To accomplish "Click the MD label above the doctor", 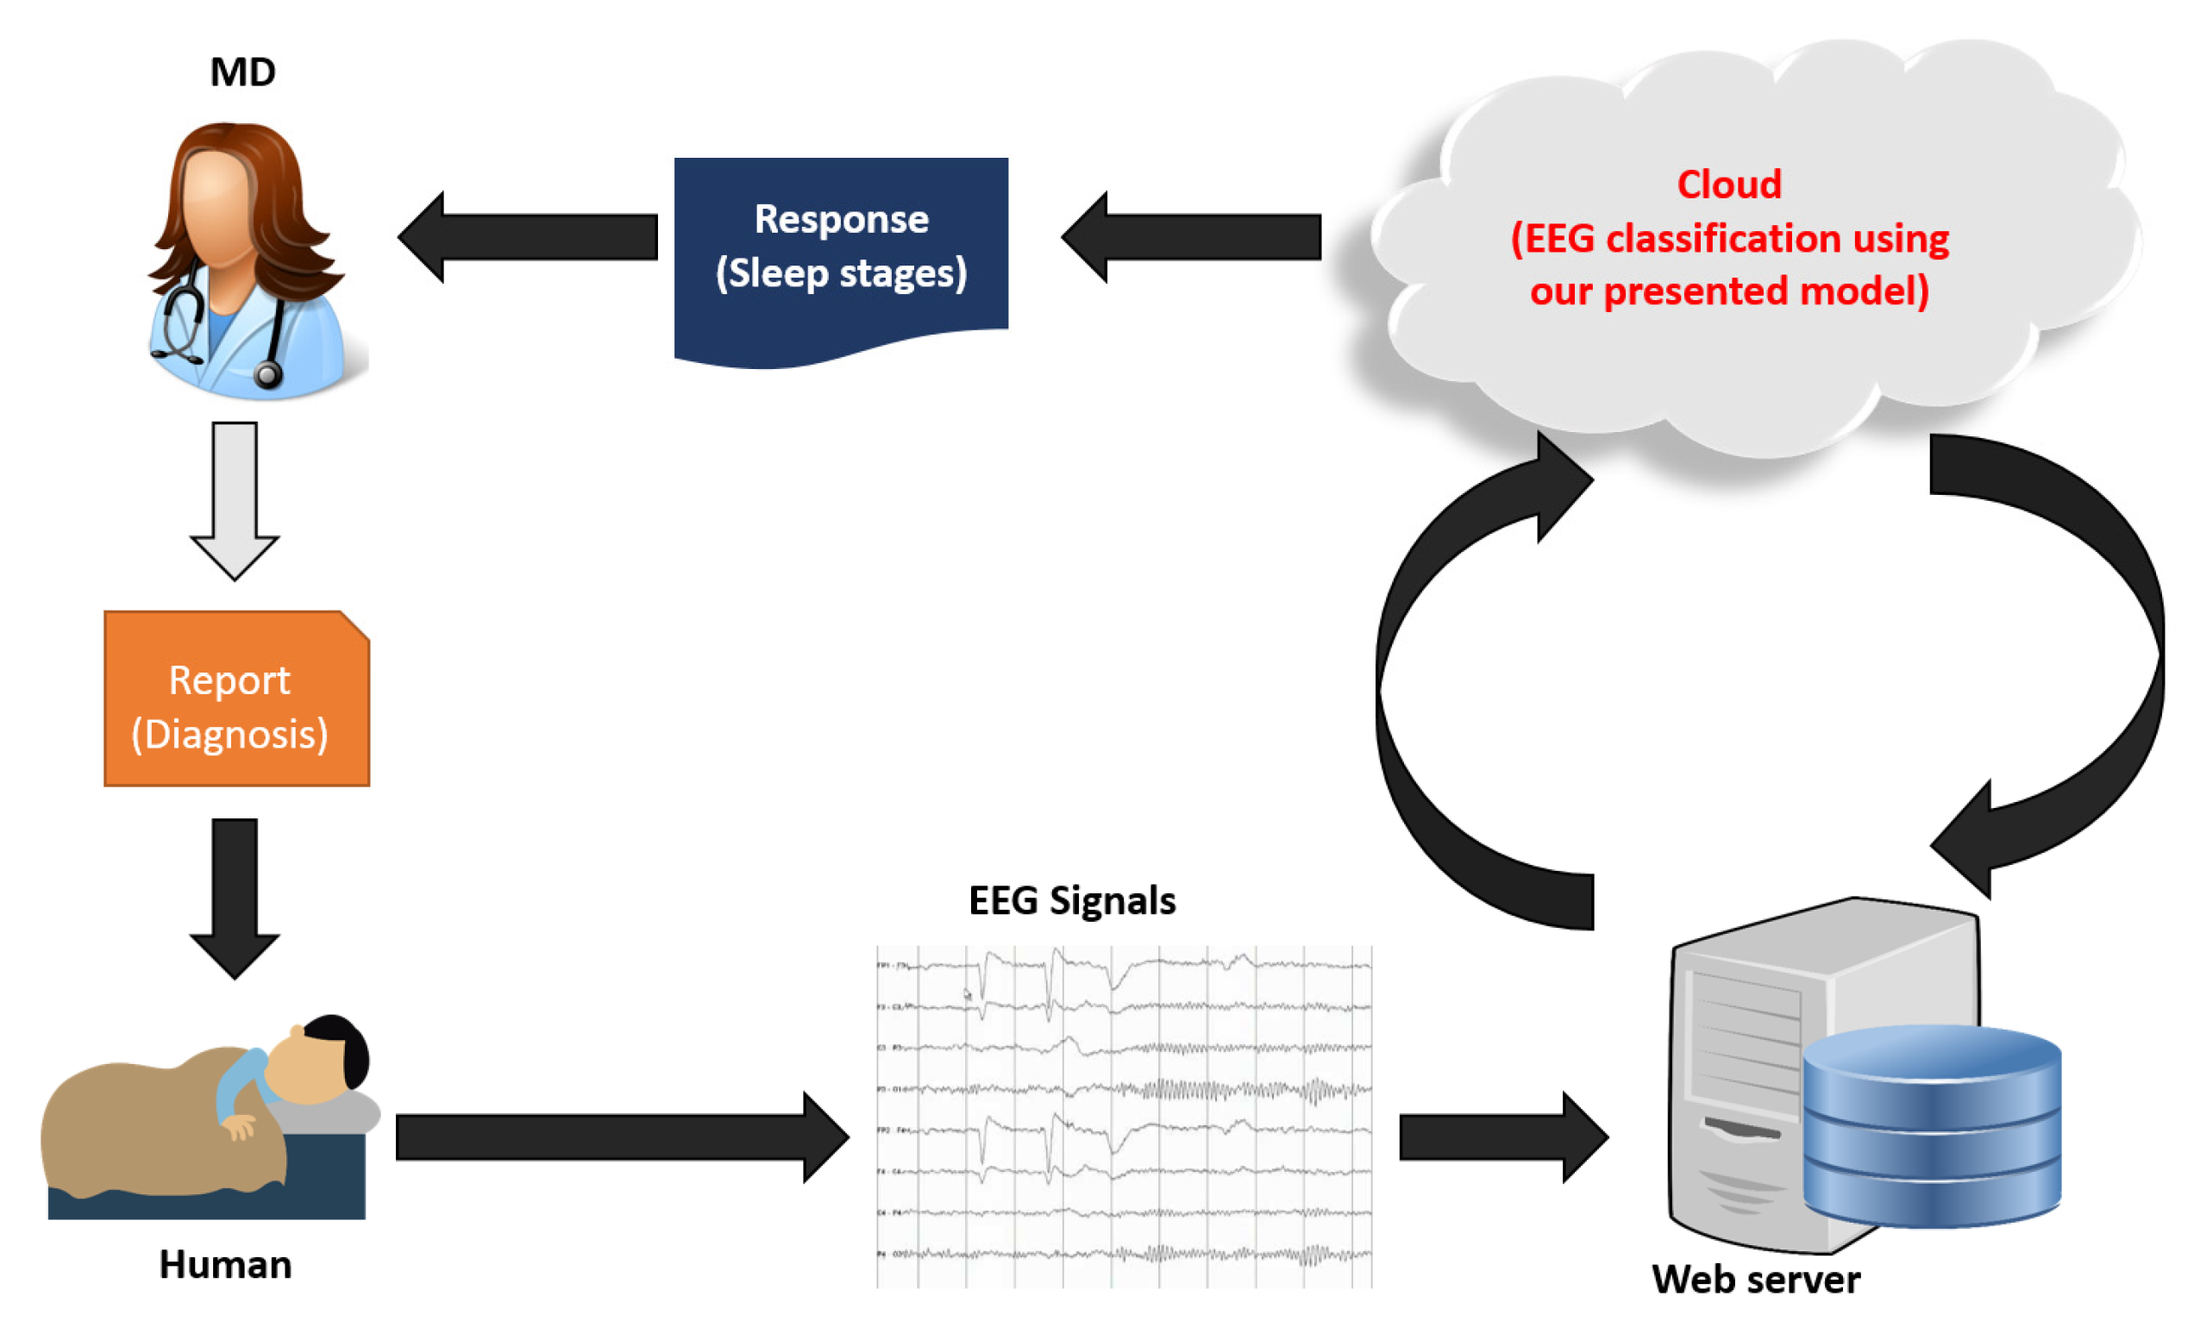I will point(242,72).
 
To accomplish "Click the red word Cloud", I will point(1728,185).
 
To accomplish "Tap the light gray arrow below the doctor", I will point(235,498).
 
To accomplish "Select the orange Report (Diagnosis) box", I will point(236,699).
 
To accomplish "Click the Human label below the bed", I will point(225,1264).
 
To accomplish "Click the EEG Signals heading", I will point(1072,901).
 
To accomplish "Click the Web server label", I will point(1755,1280).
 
